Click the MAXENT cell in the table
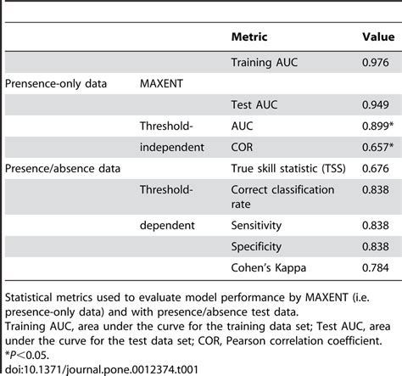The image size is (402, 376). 166,83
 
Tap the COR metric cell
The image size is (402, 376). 243,147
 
